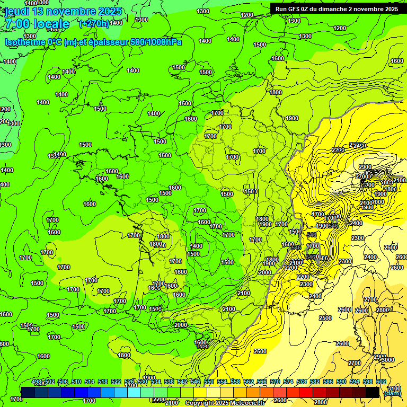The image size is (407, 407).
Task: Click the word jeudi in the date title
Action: (17, 11)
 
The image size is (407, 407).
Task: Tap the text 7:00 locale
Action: (37, 24)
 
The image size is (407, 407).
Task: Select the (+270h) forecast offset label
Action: (94, 23)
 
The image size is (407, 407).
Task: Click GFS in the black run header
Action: (296, 9)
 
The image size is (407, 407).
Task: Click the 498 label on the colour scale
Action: (37, 382)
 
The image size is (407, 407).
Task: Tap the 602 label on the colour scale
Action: (381, 382)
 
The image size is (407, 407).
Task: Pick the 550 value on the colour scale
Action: (209, 382)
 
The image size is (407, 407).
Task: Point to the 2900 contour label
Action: (365, 167)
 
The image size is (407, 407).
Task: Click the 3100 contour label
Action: (394, 388)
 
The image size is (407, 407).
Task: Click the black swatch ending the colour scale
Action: (373, 392)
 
